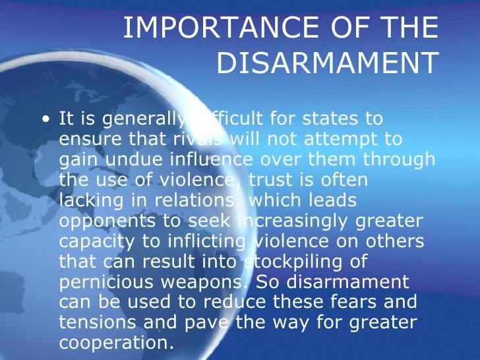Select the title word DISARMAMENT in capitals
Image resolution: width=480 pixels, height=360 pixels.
click(x=327, y=63)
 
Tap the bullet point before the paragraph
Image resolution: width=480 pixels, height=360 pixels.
click(x=45, y=120)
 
